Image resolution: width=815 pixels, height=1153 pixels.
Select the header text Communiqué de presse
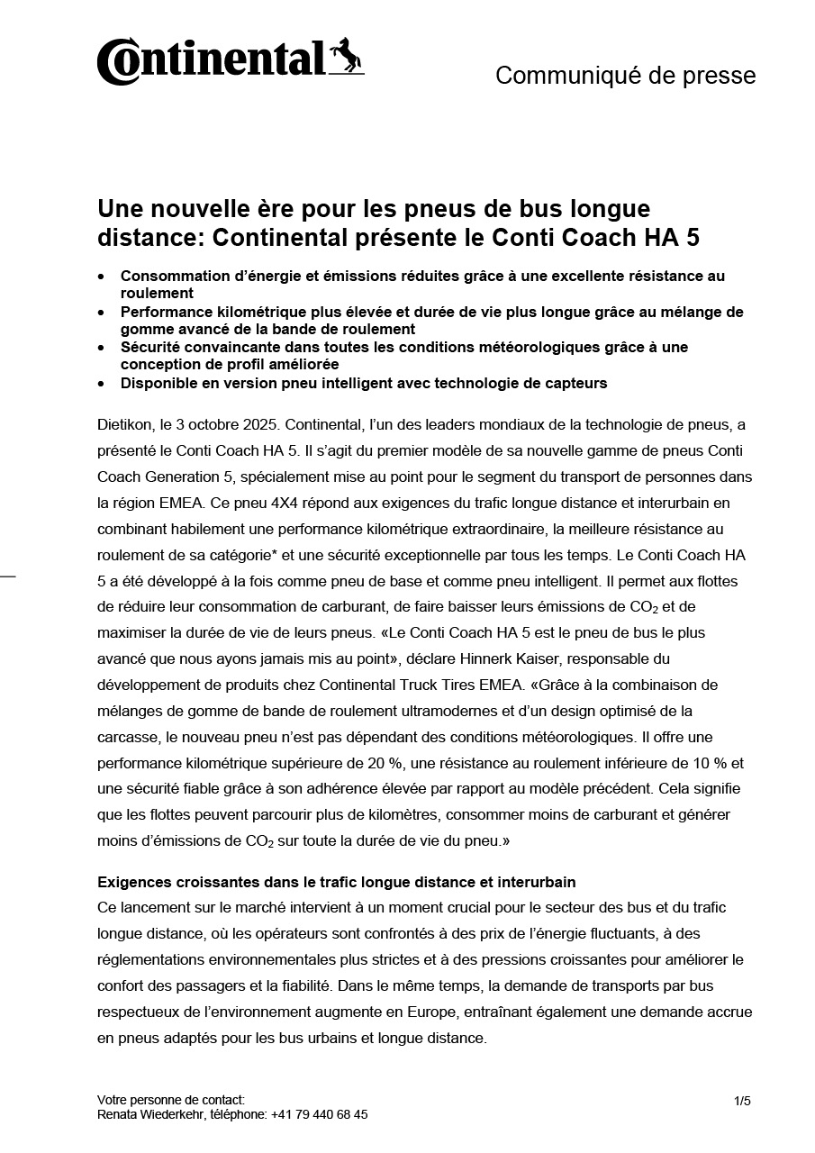[x=625, y=76]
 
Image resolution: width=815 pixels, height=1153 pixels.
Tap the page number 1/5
[x=742, y=1101]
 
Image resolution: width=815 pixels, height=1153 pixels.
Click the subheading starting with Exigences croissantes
[x=336, y=881]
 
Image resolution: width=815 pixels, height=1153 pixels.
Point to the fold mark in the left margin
[x=7, y=575]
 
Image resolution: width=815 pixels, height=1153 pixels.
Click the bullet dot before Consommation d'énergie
[x=103, y=276]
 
